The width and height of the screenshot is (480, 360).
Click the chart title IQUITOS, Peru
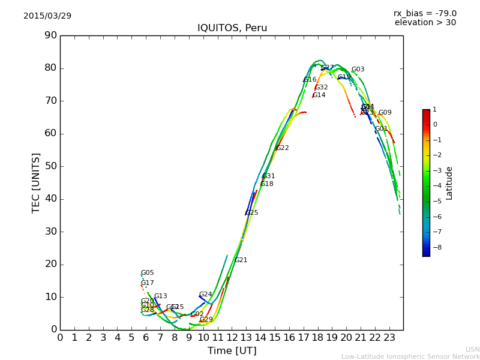[x=232, y=28]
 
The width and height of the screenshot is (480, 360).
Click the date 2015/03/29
[x=47, y=16]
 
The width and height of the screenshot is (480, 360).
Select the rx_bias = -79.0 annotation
[x=425, y=13]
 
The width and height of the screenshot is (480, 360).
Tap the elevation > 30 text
[x=425, y=23]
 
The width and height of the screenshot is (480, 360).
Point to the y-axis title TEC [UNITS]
[x=36, y=182]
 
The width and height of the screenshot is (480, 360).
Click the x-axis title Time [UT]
[x=232, y=351]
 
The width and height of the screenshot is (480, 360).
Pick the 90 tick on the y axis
[x=50, y=35]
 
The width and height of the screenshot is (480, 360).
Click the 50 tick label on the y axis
[x=50, y=166]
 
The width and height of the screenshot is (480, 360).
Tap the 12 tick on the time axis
[x=232, y=338]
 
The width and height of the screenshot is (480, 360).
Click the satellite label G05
[x=147, y=273]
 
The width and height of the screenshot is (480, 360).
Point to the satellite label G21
[x=241, y=260]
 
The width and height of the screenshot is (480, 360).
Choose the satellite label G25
[x=251, y=213]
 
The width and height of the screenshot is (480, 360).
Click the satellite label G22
[x=282, y=148]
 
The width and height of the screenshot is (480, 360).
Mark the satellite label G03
[x=358, y=70]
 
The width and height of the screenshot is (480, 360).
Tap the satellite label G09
[x=385, y=113]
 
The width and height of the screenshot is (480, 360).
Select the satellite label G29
[x=206, y=320]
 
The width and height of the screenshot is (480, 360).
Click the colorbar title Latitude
[x=449, y=183]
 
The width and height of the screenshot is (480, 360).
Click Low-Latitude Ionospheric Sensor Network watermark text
[x=410, y=357]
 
